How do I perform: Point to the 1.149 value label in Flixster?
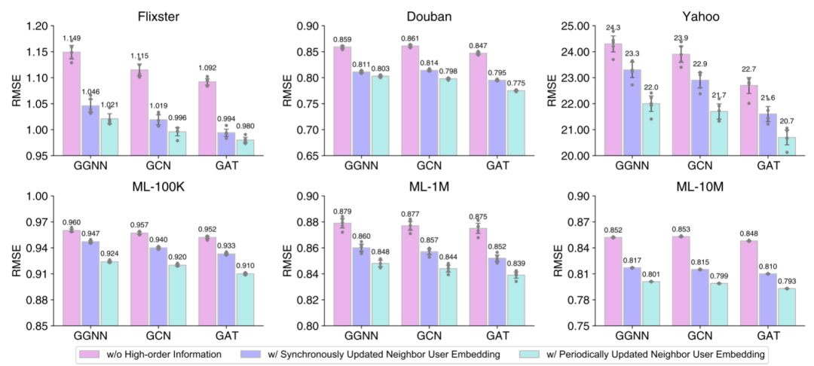click(72, 38)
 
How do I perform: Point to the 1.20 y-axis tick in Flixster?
click(35, 26)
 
